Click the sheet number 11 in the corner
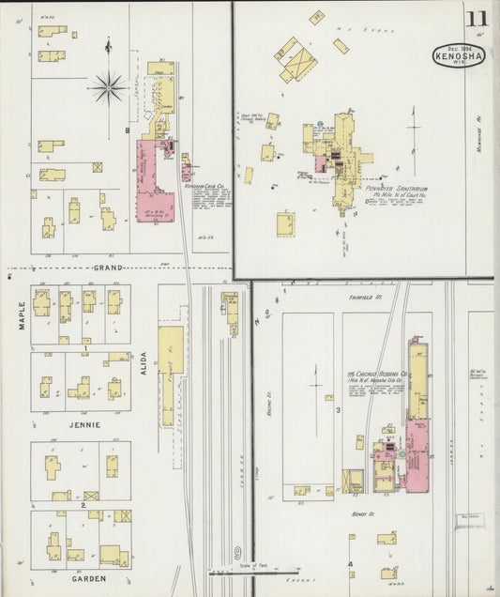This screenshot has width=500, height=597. click(x=477, y=19)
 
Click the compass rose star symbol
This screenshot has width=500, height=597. click(x=108, y=89)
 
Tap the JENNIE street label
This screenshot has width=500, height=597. click(x=83, y=424)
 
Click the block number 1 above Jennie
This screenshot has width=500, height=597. click(x=85, y=348)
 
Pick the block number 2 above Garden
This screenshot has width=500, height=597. click(x=83, y=505)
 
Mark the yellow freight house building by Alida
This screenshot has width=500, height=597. click(x=170, y=375)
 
